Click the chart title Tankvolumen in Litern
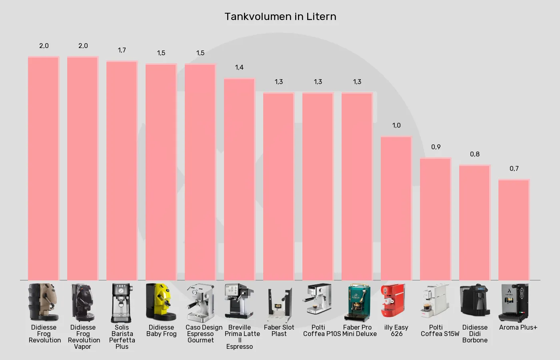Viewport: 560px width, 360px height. coord(280,16)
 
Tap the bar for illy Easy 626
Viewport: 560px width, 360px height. coord(396,208)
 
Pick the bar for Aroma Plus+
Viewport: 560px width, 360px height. coord(514,230)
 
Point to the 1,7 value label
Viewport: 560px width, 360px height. coord(122,50)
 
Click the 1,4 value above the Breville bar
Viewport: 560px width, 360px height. coord(239,67)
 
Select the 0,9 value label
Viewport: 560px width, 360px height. coord(436,147)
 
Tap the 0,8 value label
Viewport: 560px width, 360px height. coord(475,154)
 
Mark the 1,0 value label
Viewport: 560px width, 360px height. coord(396,125)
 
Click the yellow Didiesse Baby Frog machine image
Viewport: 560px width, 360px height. coord(161,302)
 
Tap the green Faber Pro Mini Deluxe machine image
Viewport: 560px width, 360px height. coord(359,302)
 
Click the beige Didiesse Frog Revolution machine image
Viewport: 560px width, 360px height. coord(44,302)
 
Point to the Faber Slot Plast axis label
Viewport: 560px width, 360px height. coord(279,330)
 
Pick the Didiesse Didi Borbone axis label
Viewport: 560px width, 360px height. coord(475,334)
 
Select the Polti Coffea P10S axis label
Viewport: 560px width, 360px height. coord(321,330)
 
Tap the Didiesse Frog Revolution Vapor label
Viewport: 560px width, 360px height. coord(83,337)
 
